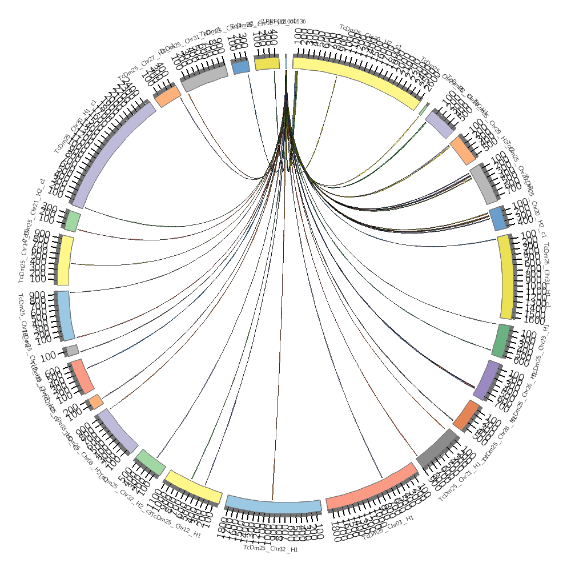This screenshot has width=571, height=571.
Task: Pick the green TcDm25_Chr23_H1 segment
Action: point(501,341)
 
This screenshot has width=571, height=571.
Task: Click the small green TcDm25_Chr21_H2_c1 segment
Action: point(73,222)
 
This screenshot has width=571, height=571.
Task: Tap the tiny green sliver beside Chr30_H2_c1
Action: point(424,109)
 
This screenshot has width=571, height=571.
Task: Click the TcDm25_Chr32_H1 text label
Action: point(271,549)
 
